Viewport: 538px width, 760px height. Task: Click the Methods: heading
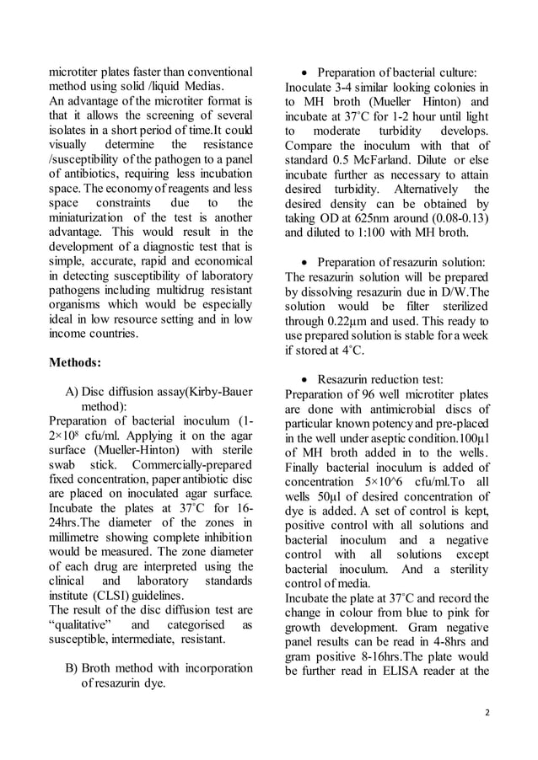[x=76, y=362]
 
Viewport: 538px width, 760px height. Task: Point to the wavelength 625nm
[x=385, y=218]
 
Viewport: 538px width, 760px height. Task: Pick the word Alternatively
[x=417, y=189]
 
